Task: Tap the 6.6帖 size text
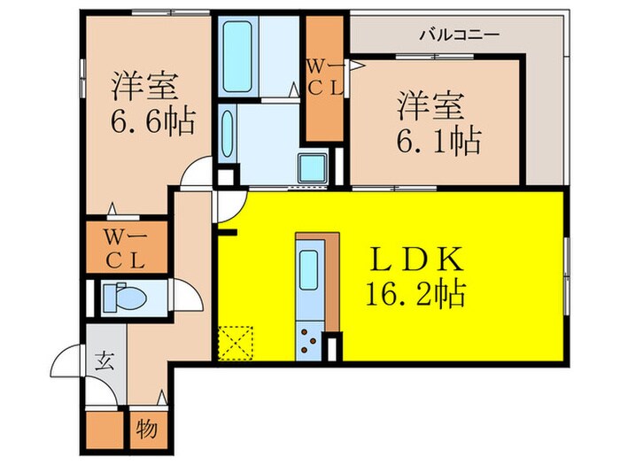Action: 152,120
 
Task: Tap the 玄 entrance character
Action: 105,360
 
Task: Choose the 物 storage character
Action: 147,430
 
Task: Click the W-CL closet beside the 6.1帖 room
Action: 323,77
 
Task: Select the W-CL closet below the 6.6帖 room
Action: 126,248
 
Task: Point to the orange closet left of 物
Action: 107,430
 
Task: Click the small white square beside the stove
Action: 333,346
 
